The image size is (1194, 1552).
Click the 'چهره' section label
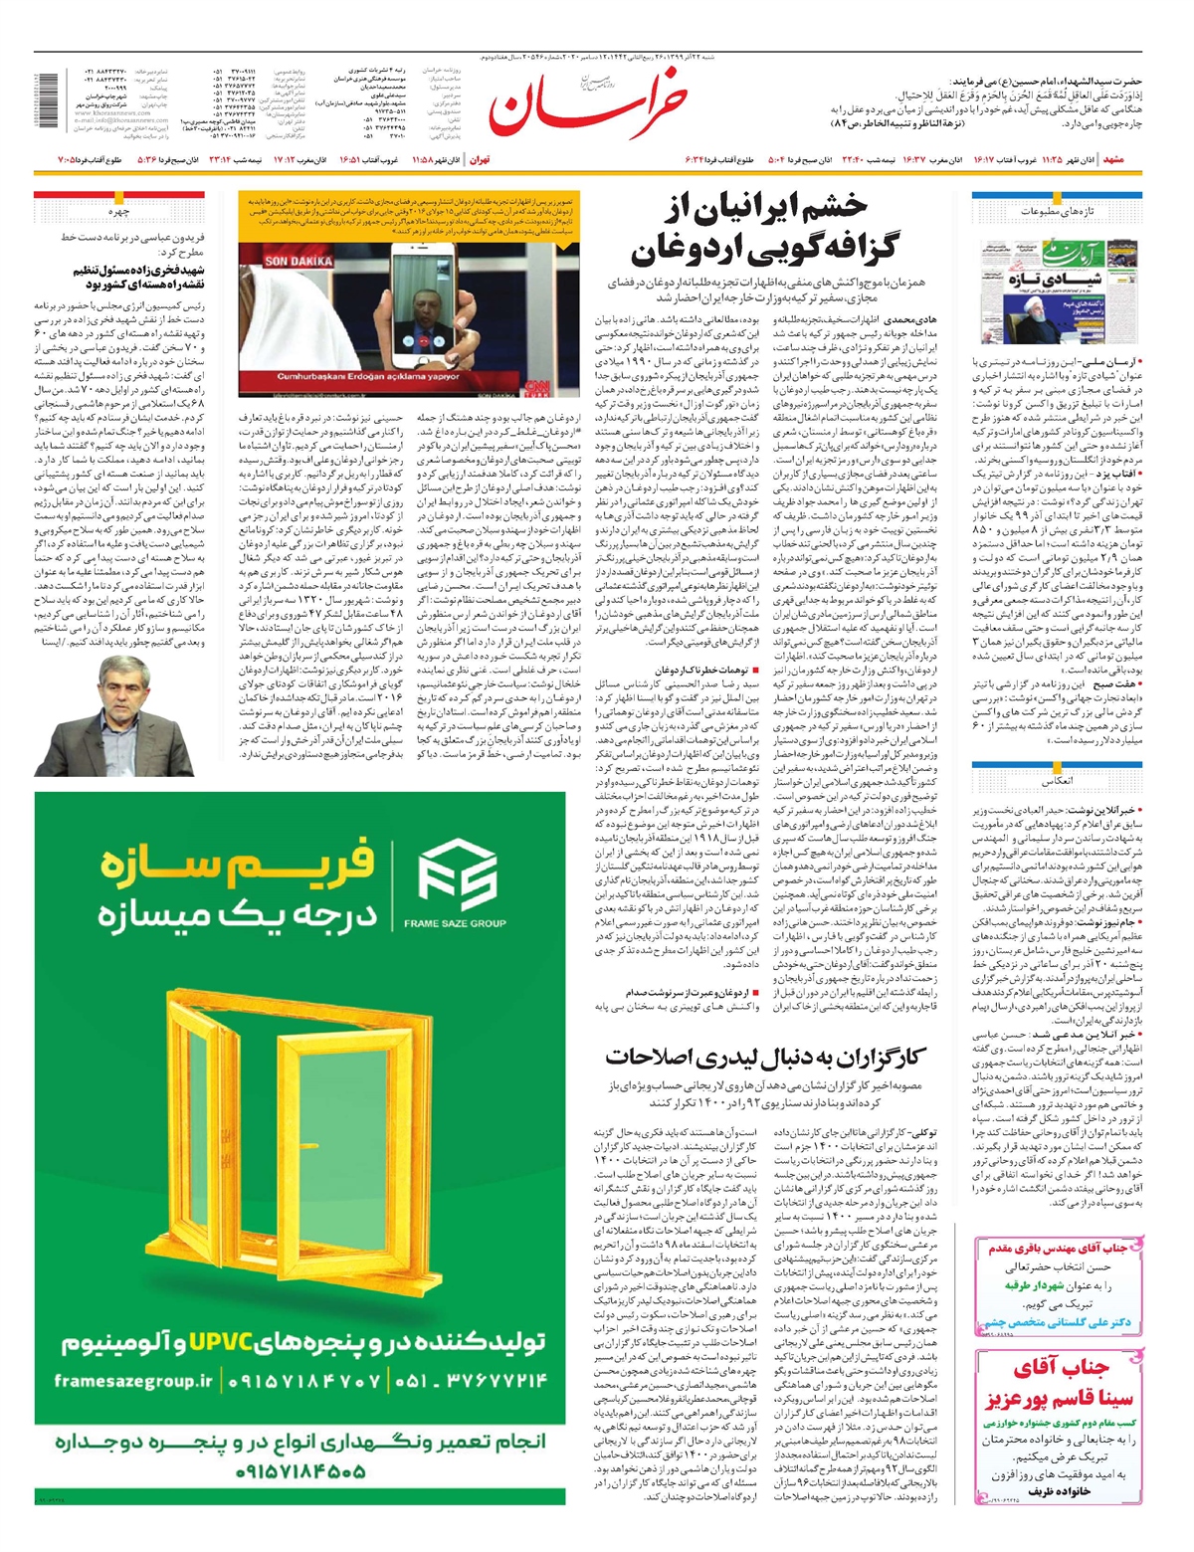click(x=120, y=212)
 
